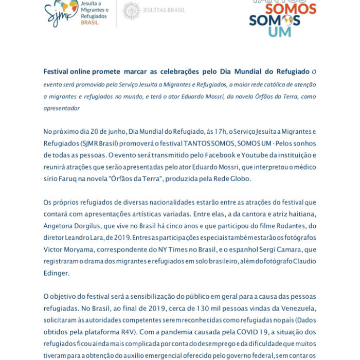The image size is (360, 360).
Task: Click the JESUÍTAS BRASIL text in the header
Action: tap(165, 10)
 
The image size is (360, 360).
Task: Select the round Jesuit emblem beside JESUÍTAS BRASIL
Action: tap(131, 10)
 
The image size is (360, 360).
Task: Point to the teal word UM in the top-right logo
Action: tap(280, 32)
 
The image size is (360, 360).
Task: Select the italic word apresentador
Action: tap(61, 109)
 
